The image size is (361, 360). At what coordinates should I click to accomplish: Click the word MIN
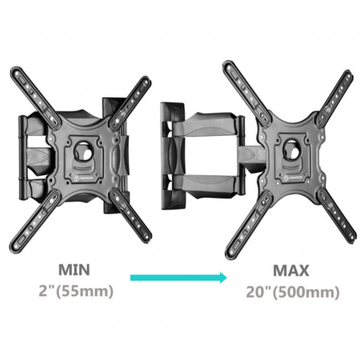(x=74, y=270)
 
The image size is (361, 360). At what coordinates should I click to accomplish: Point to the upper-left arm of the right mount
(x=244, y=86)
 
